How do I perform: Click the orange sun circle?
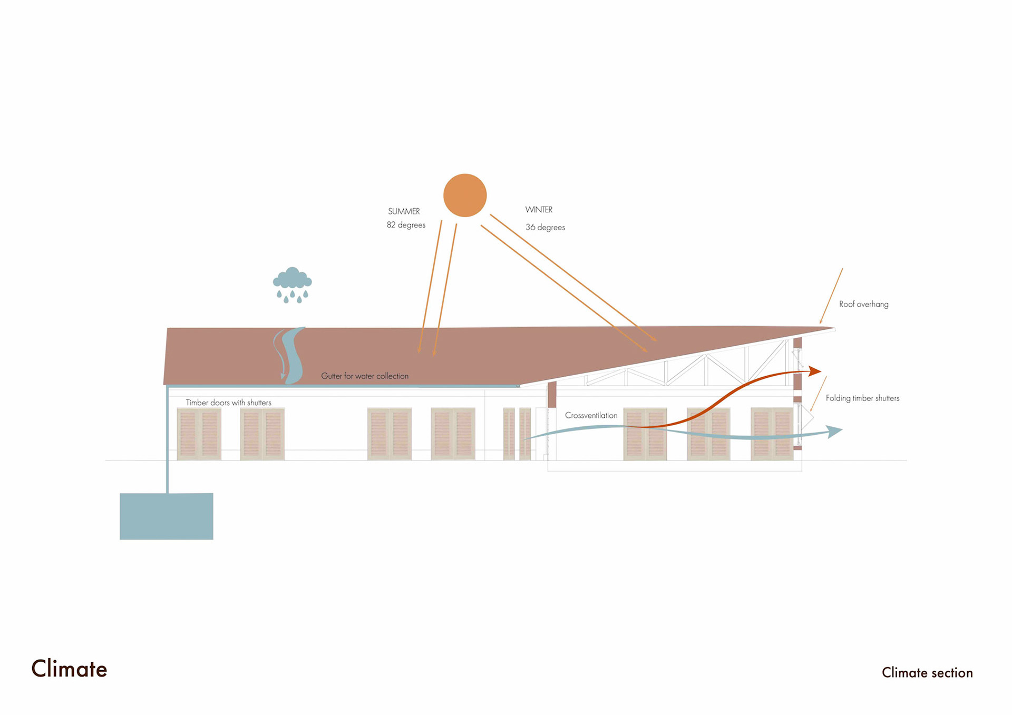click(x=464, y=195)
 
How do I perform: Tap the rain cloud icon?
click(x=292, y=284)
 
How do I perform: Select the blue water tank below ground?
click(x=167, y=516)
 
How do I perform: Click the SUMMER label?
click(x=404, y=211)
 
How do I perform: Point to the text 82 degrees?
click(x=406, y=225)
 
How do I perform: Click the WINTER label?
click(x=539, y=210)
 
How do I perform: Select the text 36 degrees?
click(x=545, y=228)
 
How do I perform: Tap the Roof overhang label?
click(x=863, y=304)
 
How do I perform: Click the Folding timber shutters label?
click(x=862, y=398)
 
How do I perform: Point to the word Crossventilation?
click(x=591, y=416)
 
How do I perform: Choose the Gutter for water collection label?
click(x=365, y=376)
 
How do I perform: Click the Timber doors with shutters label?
click(x=228, y=403)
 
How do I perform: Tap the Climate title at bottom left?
click(x=69, y=669)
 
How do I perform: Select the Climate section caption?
click(x=927, y=673)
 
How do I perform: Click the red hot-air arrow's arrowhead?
click(x=815, y=371)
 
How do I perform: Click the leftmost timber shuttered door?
click(x=199, y=434)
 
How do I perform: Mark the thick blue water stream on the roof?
click(x=293, y=356)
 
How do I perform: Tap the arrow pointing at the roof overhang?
click(x=831, y=296)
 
